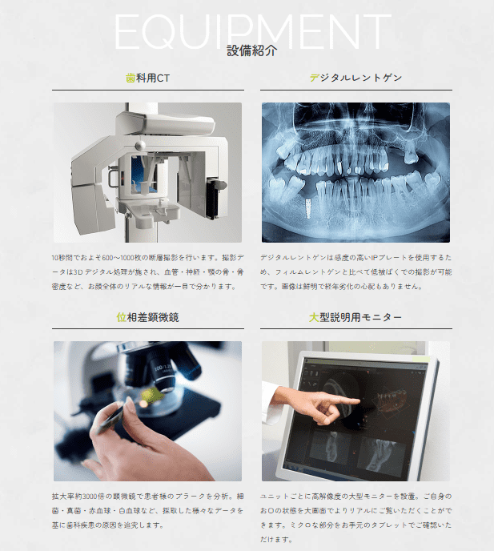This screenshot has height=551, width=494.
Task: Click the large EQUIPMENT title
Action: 253,31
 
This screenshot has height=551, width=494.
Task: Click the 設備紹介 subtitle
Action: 252,50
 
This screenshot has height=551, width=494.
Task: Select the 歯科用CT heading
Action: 147,78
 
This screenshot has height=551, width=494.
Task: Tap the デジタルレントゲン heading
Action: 355,78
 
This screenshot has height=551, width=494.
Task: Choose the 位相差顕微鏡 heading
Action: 147,317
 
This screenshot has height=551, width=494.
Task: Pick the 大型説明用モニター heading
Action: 355,317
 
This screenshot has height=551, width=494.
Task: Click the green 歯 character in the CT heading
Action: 131,78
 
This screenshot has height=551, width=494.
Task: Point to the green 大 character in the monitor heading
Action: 314,317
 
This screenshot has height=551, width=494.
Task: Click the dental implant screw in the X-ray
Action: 308,207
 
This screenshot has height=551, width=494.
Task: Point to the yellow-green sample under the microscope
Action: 152,395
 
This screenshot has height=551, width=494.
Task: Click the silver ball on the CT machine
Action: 140,145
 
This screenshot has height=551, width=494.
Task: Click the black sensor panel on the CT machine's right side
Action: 212,199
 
